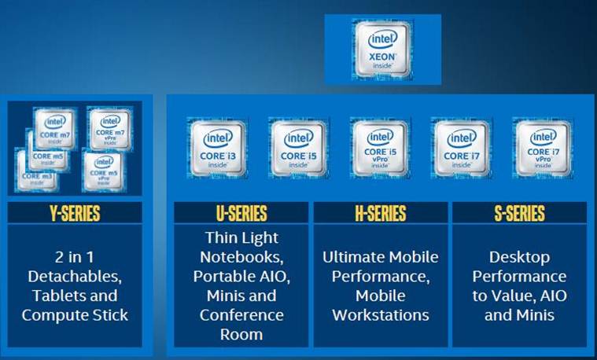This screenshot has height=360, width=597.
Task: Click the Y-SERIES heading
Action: pos(75,213)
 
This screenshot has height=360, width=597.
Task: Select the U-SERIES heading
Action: pos(241,213)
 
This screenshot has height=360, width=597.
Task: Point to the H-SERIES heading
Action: pos(380,213)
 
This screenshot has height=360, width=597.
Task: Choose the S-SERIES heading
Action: pos(518,213)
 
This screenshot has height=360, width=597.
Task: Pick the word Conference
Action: pos(241,315)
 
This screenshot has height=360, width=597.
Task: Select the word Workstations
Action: pos(381,315)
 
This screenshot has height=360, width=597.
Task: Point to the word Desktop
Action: pos(518,257)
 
